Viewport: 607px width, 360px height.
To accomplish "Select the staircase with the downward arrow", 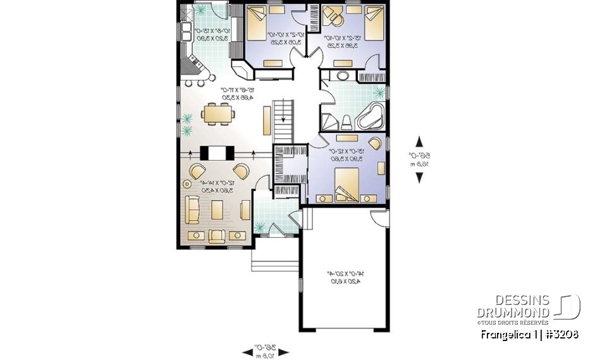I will [284, 121].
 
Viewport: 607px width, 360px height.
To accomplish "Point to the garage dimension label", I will [344, 278].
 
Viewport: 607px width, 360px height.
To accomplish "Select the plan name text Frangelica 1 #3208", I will [529, 334].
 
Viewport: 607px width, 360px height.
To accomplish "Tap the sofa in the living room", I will [193, 209].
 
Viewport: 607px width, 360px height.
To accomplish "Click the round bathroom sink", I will [343, 77].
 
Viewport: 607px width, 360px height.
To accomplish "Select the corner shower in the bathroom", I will [329, 121].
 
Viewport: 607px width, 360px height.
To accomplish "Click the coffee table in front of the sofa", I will [218, 209].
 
